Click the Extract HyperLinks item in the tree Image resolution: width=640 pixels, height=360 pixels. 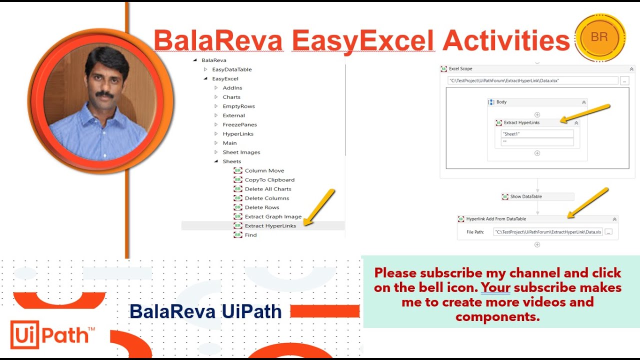click(x=270, y=225)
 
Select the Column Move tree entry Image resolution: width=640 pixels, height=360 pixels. click(x=264, y=170)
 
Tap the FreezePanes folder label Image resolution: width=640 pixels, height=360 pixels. click(x=239, y=124)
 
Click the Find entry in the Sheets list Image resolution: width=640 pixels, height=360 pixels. click(x=250, y=235)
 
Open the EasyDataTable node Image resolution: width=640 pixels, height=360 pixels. click(x=231, y=69)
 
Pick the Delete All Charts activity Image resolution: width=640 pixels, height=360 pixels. click(x=267, y=189)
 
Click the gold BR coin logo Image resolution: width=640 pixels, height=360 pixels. click(x=600, y=37)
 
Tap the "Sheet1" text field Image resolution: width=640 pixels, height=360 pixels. click(x=537, y=133)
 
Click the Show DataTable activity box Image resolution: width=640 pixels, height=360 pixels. click(x=537, y=196)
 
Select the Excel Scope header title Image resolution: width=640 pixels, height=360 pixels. click(x=460, y=68)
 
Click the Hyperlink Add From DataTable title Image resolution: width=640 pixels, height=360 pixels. click(x=496, y=219)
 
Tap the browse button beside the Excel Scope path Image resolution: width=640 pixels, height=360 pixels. click(x=624, y=80)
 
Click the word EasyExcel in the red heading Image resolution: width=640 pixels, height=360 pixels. click(x=363, y=40)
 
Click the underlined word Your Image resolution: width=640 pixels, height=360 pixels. click(x=495, y=287)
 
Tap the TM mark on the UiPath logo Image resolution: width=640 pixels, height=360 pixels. click(x=91, y=329)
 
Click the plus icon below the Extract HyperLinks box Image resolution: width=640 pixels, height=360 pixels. click(x=537, y=153)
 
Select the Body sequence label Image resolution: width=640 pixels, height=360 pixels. click(x=501, y=102)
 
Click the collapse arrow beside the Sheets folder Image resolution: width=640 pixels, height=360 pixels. click(x=216, y=161)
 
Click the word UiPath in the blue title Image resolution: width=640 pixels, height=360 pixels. click(x=251, y=311)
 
